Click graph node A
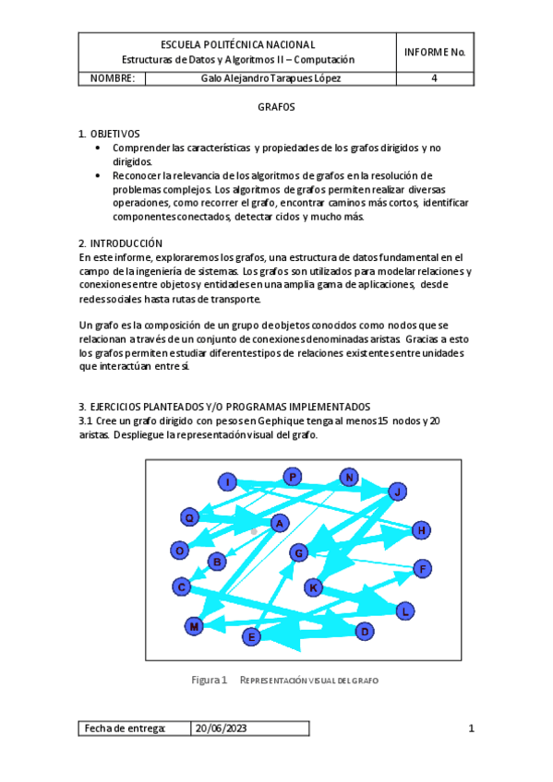point(278,523)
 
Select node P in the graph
point(292,477)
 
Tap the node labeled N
point(348,477)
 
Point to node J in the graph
point(397,491)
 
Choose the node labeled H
point(420,529)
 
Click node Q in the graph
point(189,517)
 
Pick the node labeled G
point(298,552)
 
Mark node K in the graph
point(313,587)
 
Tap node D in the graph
point(365,631)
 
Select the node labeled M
point(194,626)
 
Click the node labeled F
point(421,568)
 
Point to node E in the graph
point(251,636)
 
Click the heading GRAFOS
point(276,107)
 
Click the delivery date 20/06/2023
point(221,729)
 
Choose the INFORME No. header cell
point(434,52)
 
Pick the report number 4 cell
point(434,78)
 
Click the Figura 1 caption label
point(209,680)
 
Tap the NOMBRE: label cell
point(113,78)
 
